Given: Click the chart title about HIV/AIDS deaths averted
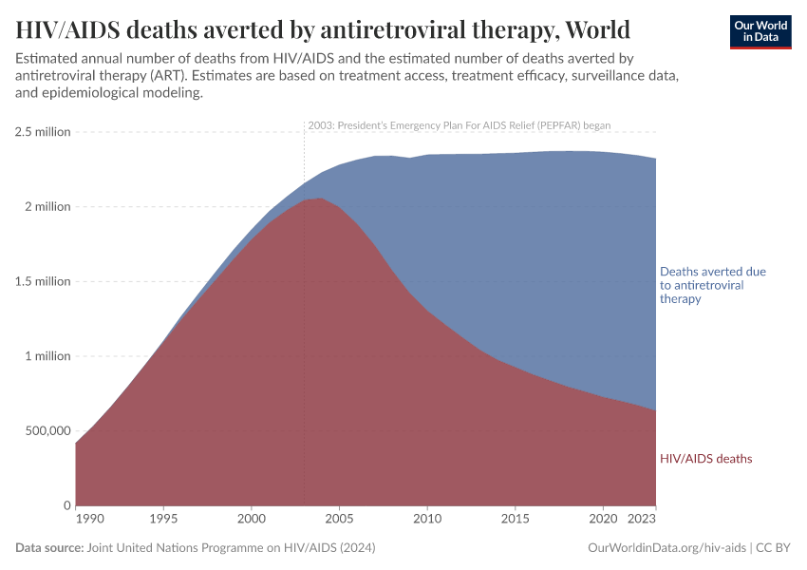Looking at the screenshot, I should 323,30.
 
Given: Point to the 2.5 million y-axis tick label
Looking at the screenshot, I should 43,132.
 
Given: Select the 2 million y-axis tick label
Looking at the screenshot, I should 47,207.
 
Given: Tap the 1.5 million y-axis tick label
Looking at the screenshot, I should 43,281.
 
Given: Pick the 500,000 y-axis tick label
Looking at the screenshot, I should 43,430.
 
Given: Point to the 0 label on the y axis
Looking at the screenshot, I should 66,505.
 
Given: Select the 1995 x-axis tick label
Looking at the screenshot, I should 163,520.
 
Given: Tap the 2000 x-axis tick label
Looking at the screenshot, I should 252,520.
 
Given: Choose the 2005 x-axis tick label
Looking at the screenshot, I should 339,520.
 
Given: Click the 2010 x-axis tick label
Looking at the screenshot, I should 427,520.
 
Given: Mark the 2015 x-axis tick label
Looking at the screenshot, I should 515,520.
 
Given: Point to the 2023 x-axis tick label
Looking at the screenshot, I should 642,520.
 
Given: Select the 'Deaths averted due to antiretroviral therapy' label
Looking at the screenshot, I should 712,285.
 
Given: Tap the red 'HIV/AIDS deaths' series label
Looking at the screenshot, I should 705,459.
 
